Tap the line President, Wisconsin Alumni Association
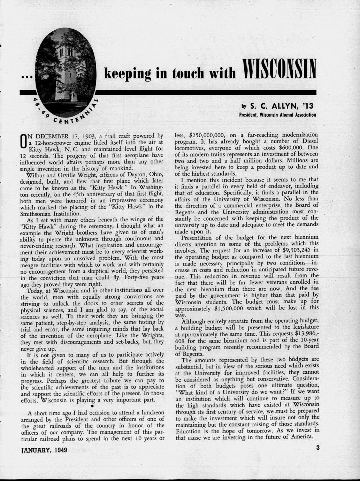click(x=277, y=115)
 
